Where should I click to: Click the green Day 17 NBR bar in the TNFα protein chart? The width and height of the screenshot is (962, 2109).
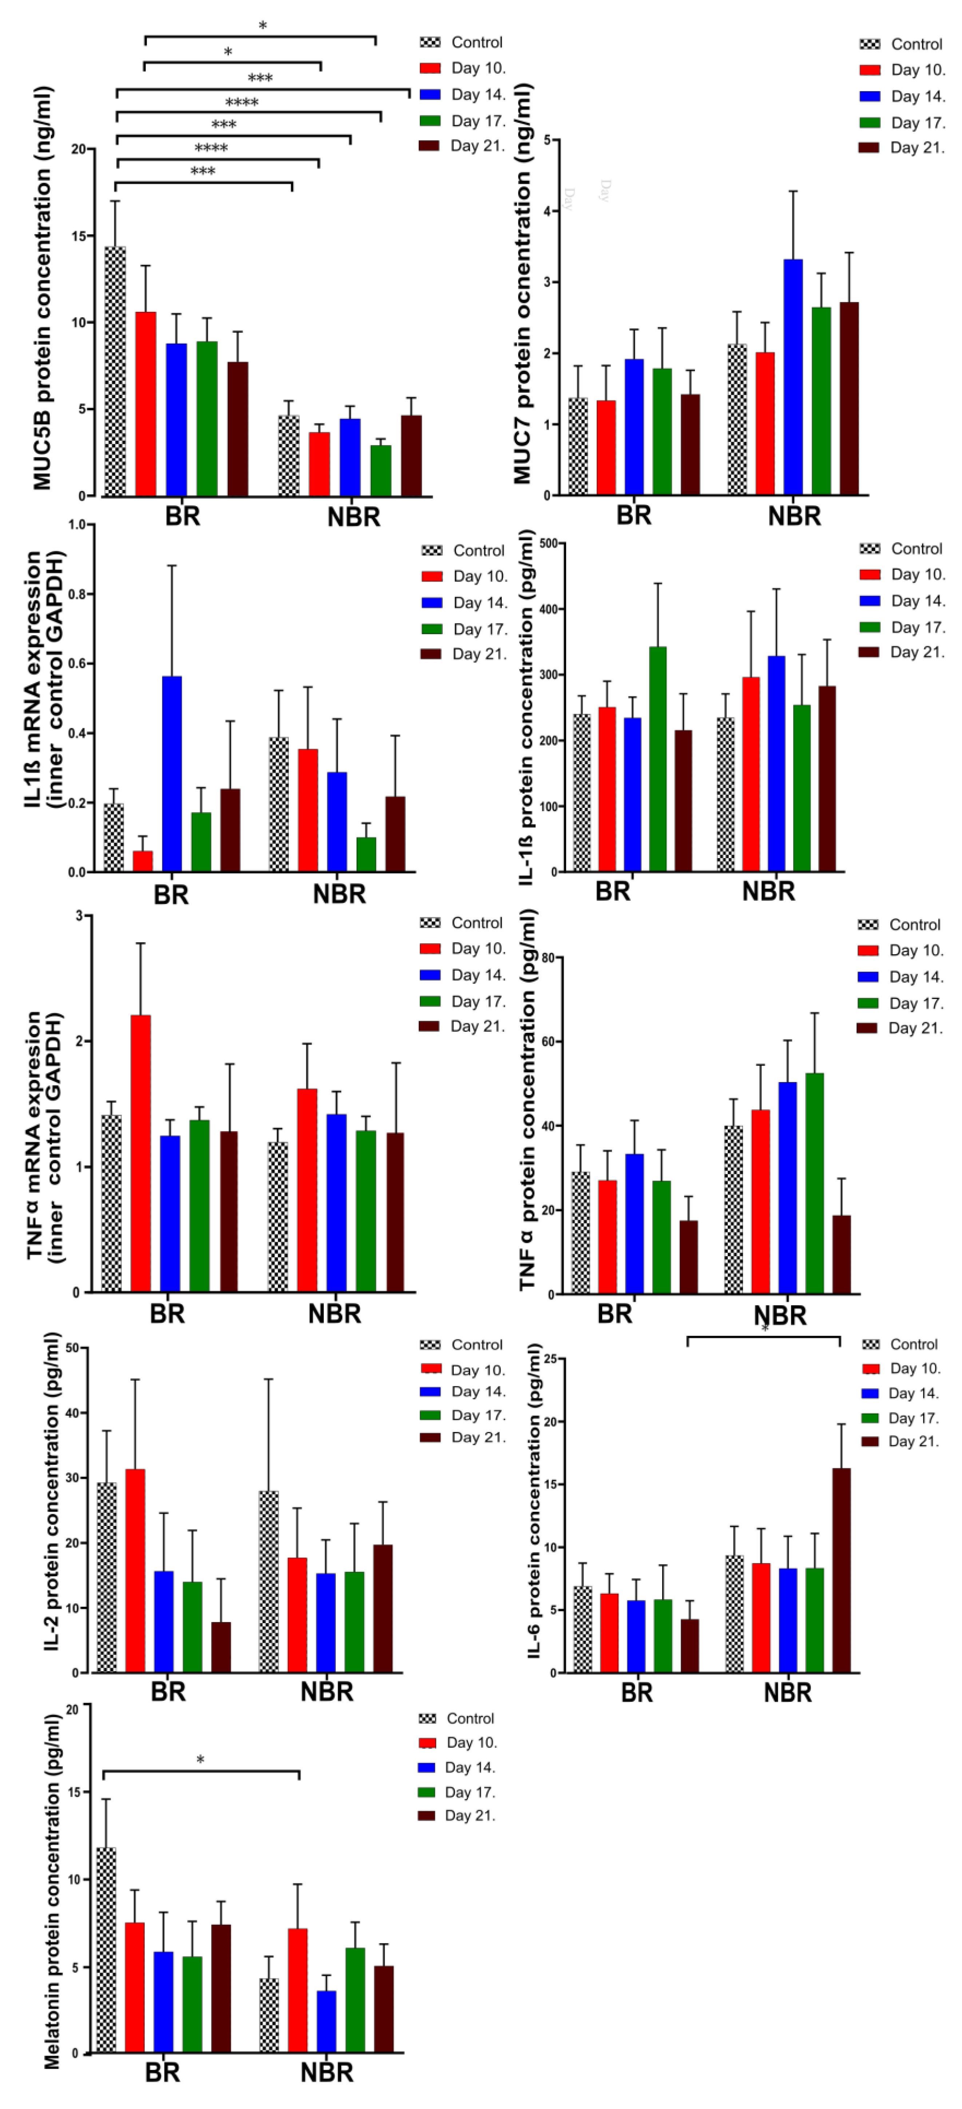pos(815,1183)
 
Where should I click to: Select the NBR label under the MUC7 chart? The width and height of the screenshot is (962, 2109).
pos(793,517)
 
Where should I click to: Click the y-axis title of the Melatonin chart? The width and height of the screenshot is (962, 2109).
pos(52,1891)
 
